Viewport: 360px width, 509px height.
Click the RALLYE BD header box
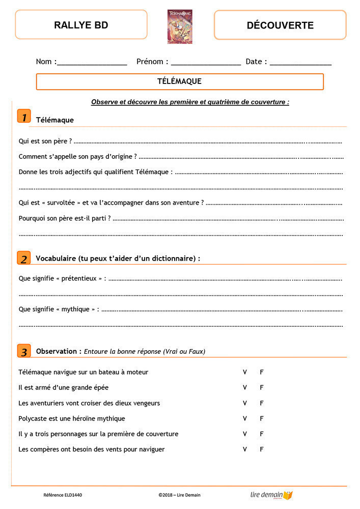pyautogui.click(x=81, y=25)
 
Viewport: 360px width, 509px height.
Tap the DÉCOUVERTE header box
pyautogui.click(x=280, y=25)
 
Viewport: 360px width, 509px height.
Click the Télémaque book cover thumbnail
pyautogui.click(x=180, y=26)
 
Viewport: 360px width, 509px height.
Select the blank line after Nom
pyautogui.click(x=92, y=63)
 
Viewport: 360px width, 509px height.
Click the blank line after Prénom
pyautogui.click(x=206, y=63)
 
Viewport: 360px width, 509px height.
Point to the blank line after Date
pyautogui.click(x=300, y=63)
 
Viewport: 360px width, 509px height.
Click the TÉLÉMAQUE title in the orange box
pyautogui.click(x=180, y=81)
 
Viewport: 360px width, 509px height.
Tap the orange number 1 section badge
pyautogui.click(x=24, y=116)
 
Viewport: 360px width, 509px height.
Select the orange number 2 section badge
pyautogui.click(x=24, y=258)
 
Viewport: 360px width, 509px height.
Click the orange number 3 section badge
pyautogui.click(x=24, y=351)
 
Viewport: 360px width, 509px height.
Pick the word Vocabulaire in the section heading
pyautogui.click(x=56, y=259)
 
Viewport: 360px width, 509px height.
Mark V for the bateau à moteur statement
pyautogui.click(x=245, y=372)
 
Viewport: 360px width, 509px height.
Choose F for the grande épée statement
pyautogui.click(x=262, y=387)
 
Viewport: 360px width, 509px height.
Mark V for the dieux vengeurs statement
pyautogui.click(x=245, y=403)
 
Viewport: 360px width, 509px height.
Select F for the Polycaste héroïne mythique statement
pyautogui.click(x=262, y=418)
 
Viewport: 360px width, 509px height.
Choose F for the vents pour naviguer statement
pyautogui.click(x=262, y=449)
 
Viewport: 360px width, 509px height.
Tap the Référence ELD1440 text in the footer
pyautogui.click(x=63, y=495)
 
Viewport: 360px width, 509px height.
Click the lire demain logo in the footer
pyautogui.click(x=271, y=495)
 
